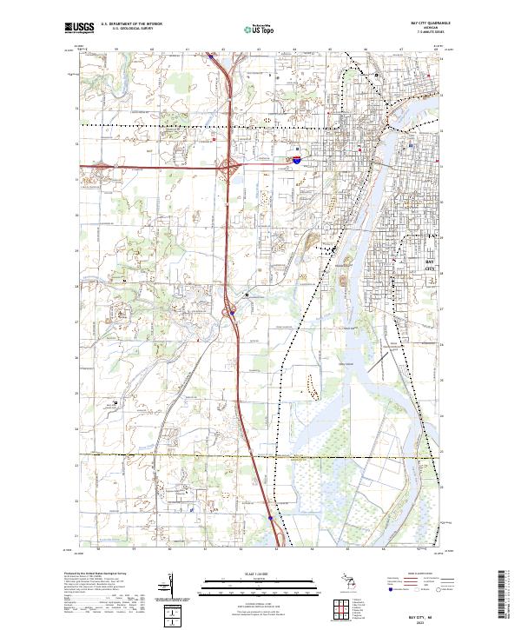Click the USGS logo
tap(79, 28)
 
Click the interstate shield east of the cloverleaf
tap(297, 160)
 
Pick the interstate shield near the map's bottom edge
tap(270, 519)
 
